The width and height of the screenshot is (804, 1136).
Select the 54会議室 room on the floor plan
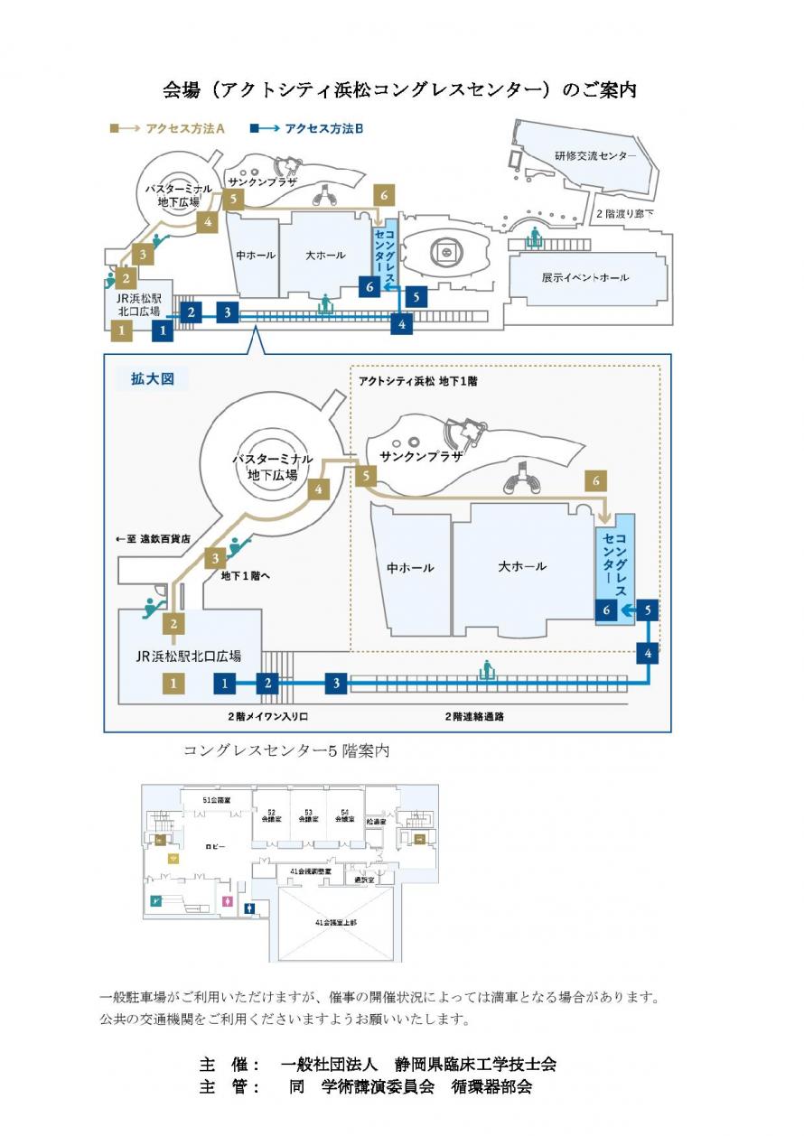[x=344, y=815]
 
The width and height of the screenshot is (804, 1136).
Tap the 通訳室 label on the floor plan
[x=364, y=879]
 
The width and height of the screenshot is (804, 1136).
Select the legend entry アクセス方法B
[x=308, y=129]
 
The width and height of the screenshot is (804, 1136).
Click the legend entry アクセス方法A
[x=169, y=129]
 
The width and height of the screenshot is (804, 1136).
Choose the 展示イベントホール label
[x=585, y=277]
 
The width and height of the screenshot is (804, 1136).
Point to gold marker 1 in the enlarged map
[x=174, y=684]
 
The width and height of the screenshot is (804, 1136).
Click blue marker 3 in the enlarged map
[x=336, y=684]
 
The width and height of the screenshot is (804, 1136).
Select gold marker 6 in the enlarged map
[x=595, y=481]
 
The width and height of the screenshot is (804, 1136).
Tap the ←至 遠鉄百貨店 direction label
[x=156, y=539]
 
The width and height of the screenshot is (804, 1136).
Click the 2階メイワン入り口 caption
[x=268, y=715]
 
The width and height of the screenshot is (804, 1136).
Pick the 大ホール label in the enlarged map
[x=522, y=566]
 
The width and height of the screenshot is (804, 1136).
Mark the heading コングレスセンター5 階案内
[x=286, y=750]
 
